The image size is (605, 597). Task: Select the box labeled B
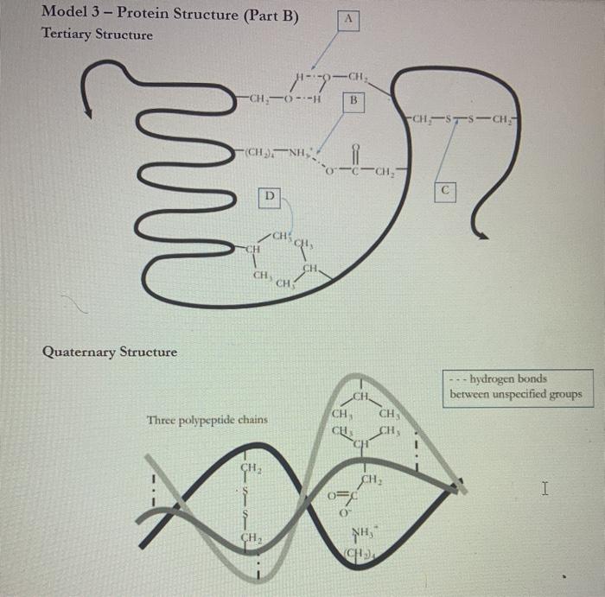(352, 101)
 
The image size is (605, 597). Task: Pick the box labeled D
(270, 198)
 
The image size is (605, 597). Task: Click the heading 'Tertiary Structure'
(97, 35)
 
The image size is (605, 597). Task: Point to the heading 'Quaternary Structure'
(110, 352)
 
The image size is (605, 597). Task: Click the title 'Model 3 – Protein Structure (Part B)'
(170, 13)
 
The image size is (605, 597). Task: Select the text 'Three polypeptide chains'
(207, 420)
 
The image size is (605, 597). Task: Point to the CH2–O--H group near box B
(286, 97)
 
